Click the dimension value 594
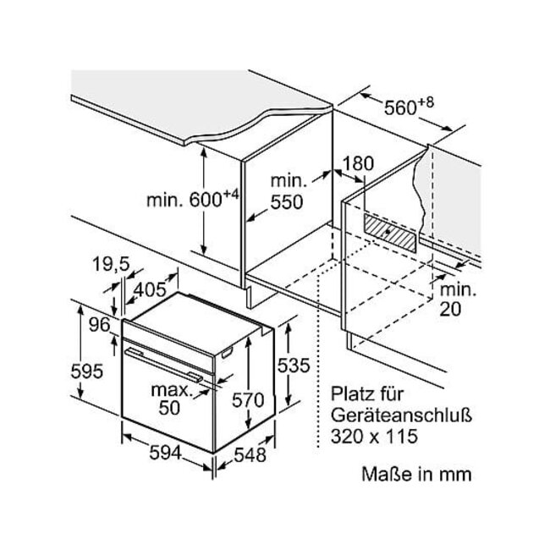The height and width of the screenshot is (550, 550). point(165,453)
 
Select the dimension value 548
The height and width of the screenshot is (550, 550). point(250,455)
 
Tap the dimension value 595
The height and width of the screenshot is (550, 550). point(86,371)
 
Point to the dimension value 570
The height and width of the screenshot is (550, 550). point(248,400)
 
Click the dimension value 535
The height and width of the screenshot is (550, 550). point(294,366)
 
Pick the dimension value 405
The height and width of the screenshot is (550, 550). point(150,289)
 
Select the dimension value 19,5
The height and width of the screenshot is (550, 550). point(111,265)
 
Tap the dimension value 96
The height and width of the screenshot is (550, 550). point(100,325)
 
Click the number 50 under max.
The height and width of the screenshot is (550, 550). point(169,408)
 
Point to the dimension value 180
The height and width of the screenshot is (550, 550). point(358,164)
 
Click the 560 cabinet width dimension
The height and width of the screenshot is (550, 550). point(400,107)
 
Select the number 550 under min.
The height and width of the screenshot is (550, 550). point(287,202)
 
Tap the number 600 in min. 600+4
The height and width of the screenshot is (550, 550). point(206,201)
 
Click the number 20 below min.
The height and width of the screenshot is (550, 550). point(450,309)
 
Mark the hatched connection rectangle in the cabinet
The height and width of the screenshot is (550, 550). point(390,233)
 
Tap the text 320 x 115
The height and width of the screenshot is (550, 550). point(374,437)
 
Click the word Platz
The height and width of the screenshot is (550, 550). point(350,394)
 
